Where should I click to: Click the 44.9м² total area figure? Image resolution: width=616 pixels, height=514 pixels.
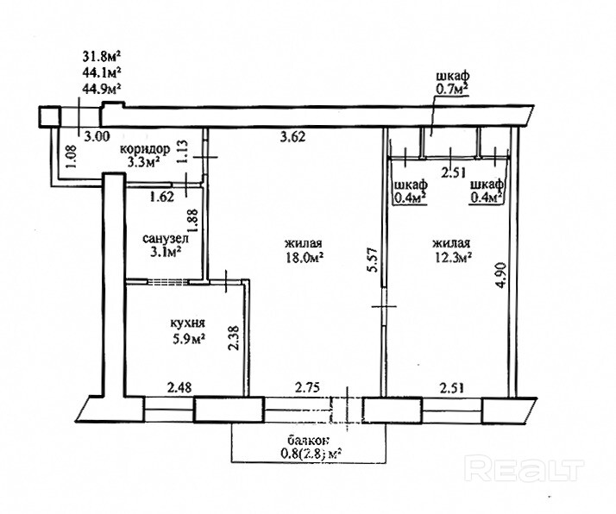tap(101, 88)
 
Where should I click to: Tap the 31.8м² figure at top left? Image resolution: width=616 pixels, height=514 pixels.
tap(101, 57)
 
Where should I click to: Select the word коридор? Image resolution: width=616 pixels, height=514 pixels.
tap(145, 149)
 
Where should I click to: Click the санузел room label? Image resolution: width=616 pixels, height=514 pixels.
tap(166, 238)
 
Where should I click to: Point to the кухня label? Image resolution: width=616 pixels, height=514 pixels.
tap(188, 323)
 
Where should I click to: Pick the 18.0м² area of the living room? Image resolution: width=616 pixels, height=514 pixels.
tap(304, 257)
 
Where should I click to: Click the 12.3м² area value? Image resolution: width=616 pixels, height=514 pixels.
tap(452, 257)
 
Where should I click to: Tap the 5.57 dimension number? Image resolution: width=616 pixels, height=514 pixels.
tap(374, 260)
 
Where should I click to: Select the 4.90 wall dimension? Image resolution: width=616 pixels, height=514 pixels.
tap(501, 275)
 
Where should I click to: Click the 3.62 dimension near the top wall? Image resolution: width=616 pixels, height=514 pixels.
tap(292, 137)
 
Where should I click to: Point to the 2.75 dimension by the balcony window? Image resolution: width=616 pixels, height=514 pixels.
tap(307, 387)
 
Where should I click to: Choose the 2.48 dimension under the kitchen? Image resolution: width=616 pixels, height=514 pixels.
tap(179, 387)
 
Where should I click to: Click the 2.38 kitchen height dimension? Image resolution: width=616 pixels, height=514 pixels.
tap(234, 337)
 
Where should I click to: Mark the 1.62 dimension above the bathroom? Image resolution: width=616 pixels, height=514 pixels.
tap(162, 196)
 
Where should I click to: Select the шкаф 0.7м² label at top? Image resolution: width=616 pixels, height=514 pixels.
tap(453, 84)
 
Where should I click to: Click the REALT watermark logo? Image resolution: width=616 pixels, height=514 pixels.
tap(524, 468)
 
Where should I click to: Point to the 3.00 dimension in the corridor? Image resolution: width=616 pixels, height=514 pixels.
tap(97, 136)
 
